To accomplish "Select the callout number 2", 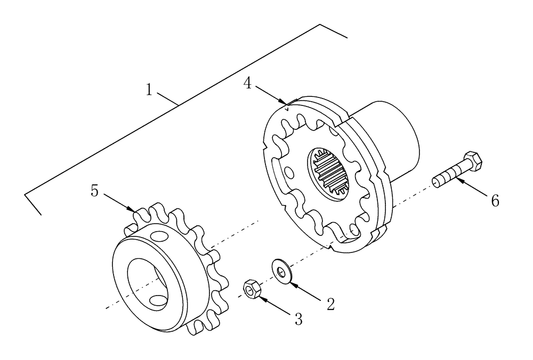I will tap(330, 304).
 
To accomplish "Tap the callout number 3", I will tap(298, 319).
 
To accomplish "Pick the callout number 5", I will tap(94, 191).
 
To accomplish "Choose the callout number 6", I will tap(495, 200).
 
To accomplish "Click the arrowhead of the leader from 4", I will tap(286, 102).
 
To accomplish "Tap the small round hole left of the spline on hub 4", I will tap(288, 173).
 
